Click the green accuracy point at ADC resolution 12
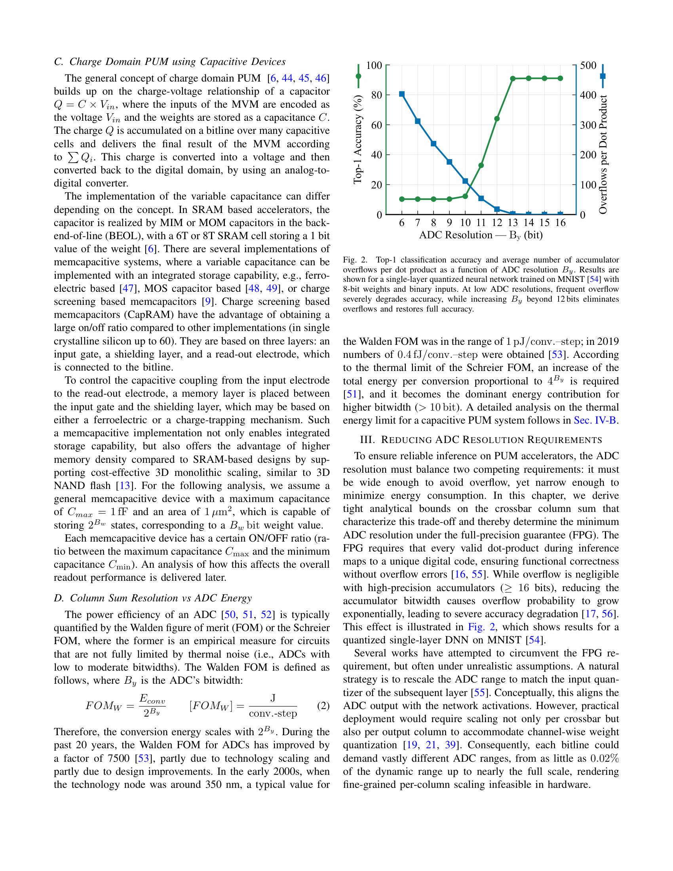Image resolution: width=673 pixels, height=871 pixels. (497, 119)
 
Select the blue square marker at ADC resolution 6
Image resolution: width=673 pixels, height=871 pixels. (402, 94)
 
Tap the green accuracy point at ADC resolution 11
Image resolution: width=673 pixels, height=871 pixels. (481, 165)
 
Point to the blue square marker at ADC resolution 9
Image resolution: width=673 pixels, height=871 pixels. (449, 162)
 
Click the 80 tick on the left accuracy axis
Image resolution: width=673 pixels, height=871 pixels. (376, 95)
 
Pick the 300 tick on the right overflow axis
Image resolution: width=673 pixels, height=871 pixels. (588, 125)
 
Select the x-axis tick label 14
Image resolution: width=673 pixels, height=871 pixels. (529, 223)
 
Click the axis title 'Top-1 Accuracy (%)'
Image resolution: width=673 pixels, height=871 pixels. (357, 140)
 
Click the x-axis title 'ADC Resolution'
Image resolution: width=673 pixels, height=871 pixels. (456, 235)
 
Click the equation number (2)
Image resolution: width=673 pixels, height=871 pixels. (323, 706)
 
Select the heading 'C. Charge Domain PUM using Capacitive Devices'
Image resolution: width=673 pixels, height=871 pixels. (170, 62)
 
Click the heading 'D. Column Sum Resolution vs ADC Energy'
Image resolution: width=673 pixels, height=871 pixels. (153, 598)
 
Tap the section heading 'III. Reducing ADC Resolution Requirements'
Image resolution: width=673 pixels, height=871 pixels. (481, 440)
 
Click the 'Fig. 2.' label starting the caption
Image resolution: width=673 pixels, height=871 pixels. (355, 260)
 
